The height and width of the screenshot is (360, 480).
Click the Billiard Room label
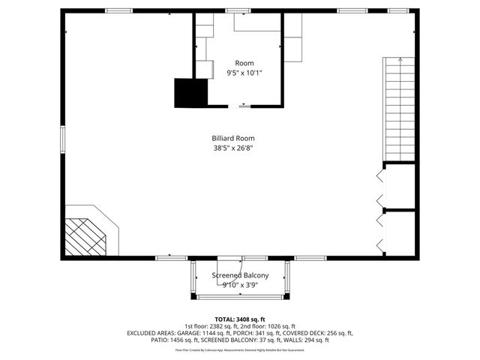pyautogui.click(x=234, y=138)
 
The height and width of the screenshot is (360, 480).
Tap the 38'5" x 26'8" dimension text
pyautogui.click(x=234, y=148)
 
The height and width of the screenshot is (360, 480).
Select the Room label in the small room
pyautogui.click(x=244, y=63)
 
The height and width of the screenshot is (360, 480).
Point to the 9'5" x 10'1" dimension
pyautogui.click(x=244, y=73)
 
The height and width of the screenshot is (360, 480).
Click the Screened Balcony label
pyautogui.click(x=240, y=275)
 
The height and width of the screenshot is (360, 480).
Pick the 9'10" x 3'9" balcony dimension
pyautogui.click(x=240, y=285)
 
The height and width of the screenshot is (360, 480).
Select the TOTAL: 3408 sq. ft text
pyautogui.click(x=240, y=319)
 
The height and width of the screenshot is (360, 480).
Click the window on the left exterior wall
pyautogui.click(x=63, y=140)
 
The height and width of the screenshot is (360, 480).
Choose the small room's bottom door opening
pyautogui.click(x=244, y=105)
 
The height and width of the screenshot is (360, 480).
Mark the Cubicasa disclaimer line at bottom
pyautogui.click(x=240, y=349)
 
